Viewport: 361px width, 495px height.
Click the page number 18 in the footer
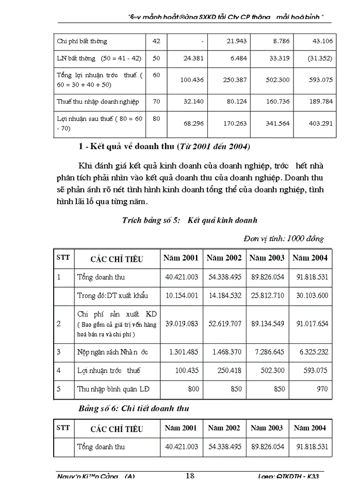point(190,475)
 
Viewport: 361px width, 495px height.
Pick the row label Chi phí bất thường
point(83,41)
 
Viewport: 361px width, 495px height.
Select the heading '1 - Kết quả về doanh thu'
point(164,147)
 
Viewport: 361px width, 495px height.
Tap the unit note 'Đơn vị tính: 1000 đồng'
point(284,238)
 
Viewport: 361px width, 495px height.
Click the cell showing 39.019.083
point(181,323)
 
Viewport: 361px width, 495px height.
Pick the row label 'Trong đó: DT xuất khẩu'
point(112,295)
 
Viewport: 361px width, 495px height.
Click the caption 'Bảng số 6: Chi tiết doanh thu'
point(134,408)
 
